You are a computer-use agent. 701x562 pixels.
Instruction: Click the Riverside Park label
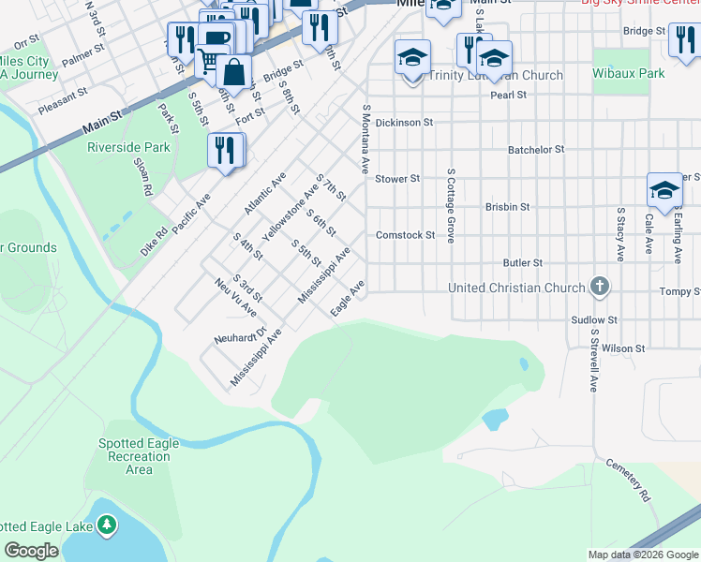click(x=128, y=147)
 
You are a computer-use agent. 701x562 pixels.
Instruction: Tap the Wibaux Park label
click(x=629, y=73)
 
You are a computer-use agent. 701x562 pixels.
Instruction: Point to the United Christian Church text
click(x=516, y=288)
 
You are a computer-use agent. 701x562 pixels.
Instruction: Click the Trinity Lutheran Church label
click(x=496, y=76)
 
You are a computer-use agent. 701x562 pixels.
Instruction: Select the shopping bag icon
click(x=234, y=70)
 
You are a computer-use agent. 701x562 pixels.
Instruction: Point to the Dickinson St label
click(x=404, y=122)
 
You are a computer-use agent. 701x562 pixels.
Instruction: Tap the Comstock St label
click(x=405, y=235)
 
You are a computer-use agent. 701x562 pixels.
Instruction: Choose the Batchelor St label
click(x=536, y=149)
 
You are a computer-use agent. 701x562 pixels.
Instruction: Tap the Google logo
click(x=31, y=551)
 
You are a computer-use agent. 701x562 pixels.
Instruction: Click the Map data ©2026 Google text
click(x=642, y=555)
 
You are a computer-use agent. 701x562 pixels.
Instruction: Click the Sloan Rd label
click(x=142, y=175)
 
